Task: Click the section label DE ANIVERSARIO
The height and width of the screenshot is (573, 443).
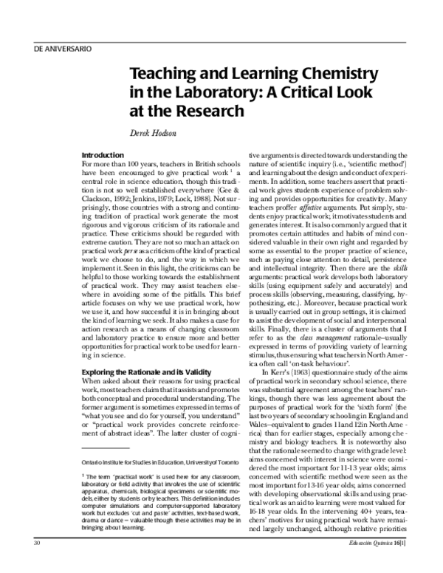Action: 63,49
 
